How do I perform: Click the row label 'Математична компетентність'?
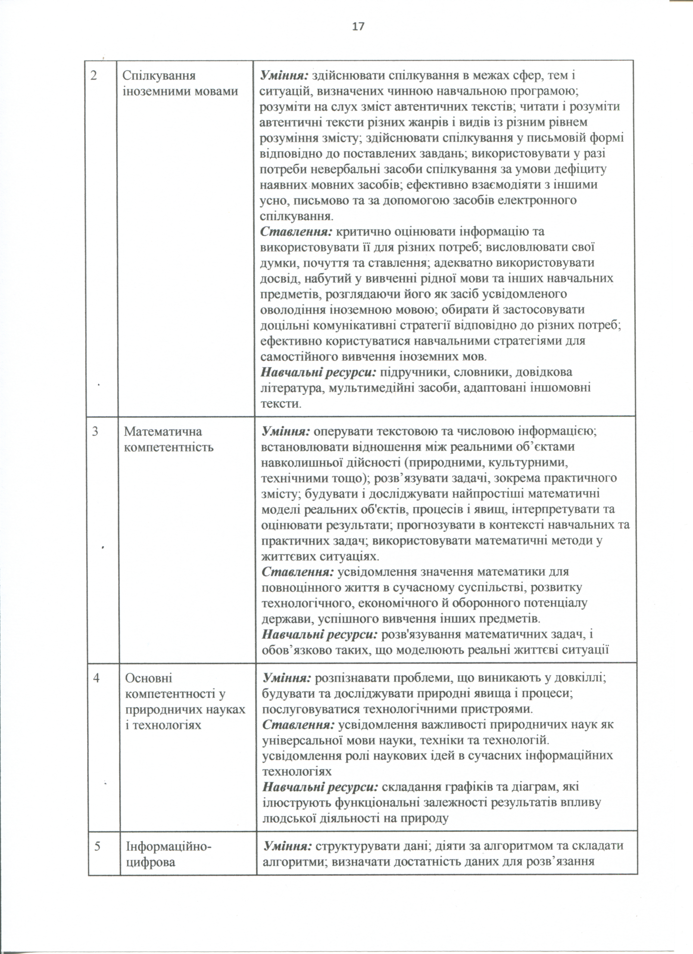[169, 439]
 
